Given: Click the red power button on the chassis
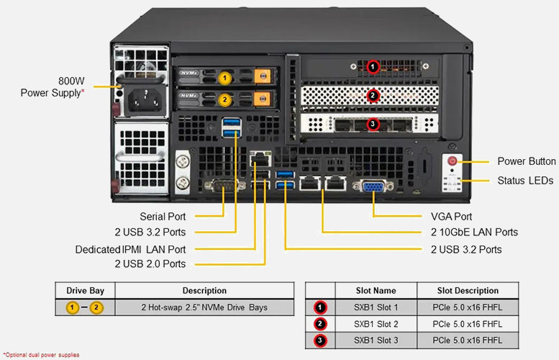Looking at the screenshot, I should [x=453, y=161].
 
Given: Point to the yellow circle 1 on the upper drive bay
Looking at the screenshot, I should [x=224, y=76].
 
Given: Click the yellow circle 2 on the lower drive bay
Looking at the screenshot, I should [x=224, y=99].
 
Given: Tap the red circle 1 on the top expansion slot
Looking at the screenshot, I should [x=373, y=67].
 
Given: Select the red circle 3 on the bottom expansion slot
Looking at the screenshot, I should [x=373, y=124].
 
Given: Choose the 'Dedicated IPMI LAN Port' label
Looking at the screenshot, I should [x=130, y=249].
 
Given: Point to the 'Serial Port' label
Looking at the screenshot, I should [x=163, y=216].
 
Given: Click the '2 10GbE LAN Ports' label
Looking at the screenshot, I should [x=469, y=232].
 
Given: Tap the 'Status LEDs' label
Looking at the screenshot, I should [x=526, y=180].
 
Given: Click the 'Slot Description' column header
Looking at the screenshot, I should [x=468, y=291].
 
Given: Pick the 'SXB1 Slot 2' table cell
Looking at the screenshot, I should [x=376, y=324].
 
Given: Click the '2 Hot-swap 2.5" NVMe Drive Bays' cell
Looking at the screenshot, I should [x=205, y=307].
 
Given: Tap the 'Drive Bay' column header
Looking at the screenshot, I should [x=86, y=291].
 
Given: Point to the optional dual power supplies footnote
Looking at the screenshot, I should [x=41, y=355].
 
